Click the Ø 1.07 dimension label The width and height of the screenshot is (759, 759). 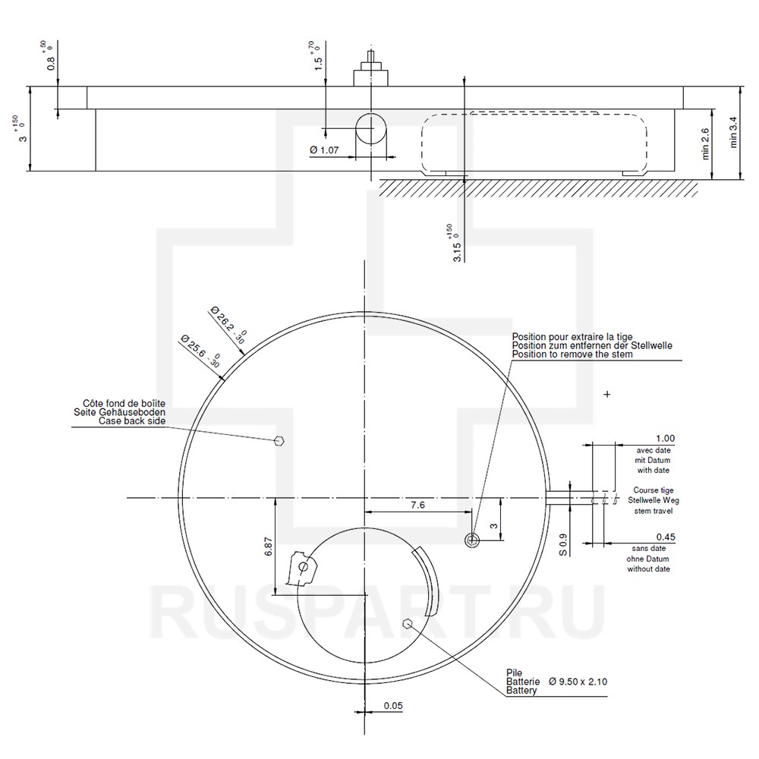point(324,150)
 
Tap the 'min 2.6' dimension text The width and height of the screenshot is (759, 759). point(705,143)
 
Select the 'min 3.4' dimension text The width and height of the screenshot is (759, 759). point(734,132)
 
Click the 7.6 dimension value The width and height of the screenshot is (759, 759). point(417,505)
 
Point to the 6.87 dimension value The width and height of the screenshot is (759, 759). point(269,546)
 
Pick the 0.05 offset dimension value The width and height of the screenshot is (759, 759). point(393,706)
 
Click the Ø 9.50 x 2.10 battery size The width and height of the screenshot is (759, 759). point(578,682)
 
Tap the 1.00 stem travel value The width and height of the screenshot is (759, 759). point(665,438)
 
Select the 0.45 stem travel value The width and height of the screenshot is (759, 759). point(666,537)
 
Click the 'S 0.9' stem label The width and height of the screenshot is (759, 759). point(563,544)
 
